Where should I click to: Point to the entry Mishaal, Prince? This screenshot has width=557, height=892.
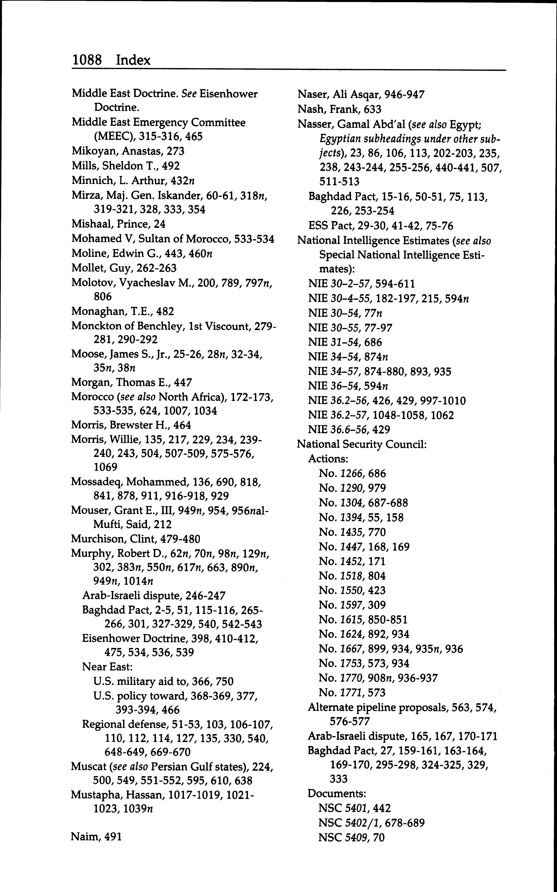click(x=118, y=224)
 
